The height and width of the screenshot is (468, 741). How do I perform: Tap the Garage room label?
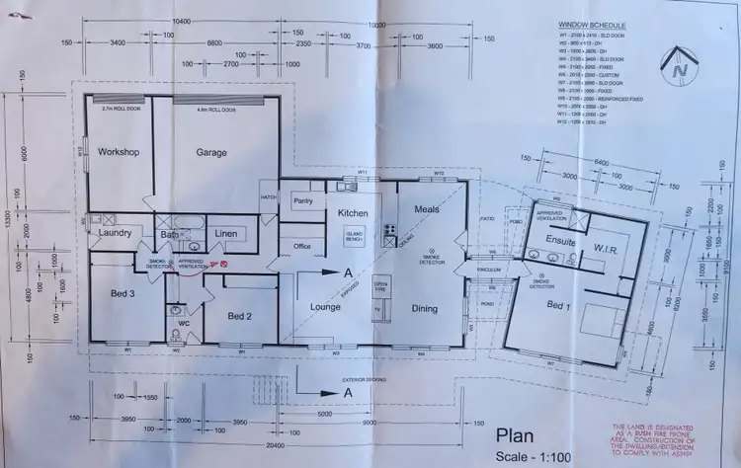click(210, 152)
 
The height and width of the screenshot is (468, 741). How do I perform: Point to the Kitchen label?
click(354, 212)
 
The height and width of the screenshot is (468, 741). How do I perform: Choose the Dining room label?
click(424, 308)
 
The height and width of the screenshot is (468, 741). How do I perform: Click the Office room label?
click(302, 246)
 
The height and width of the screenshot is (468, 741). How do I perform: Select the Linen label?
click(226, 232)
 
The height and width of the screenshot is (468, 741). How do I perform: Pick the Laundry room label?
click(116, 233)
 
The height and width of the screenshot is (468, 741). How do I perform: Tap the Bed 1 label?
click(560, 305)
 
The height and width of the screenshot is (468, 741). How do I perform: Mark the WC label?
click(184, 323)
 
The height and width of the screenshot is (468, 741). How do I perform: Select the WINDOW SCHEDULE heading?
click(592, 24)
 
